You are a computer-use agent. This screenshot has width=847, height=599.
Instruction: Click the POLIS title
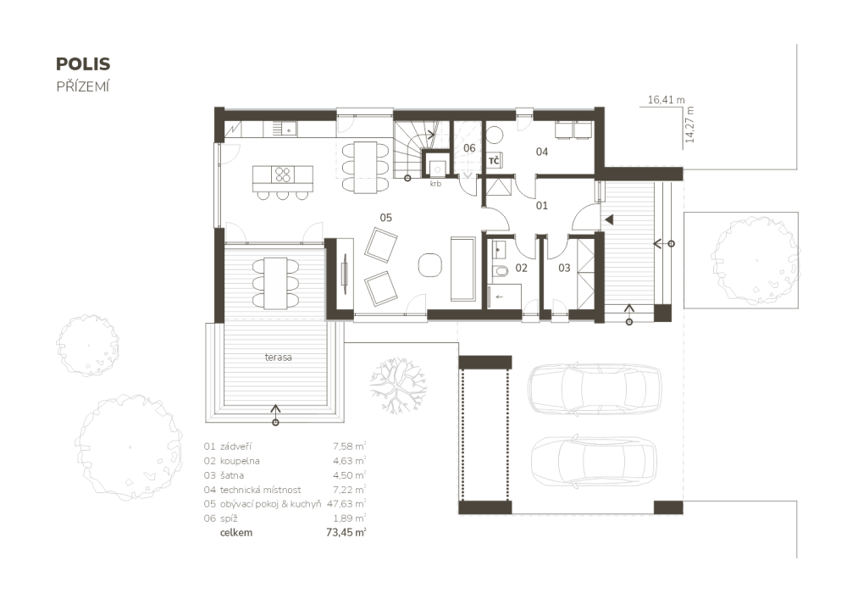tap(83, 64)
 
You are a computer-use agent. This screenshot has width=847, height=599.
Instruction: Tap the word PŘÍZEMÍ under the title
tap(83, 86)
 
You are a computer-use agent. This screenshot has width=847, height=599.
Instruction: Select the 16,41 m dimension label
tap(666, 100)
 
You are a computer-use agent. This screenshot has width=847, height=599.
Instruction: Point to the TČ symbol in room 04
tap(495, 160)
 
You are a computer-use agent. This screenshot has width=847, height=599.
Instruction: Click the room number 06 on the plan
tap(469, 148)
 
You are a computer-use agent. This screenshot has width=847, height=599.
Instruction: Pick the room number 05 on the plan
tap(385, 218)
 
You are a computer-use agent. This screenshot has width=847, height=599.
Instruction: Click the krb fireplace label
tap(435, 184)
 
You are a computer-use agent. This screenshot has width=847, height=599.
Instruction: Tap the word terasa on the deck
tap(278, 357)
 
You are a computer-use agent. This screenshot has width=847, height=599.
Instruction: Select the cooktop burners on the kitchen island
tap(283, 175)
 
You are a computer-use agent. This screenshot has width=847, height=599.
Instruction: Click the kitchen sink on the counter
tap(289, 129)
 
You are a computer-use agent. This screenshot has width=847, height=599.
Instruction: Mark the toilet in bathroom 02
tap(500, 270)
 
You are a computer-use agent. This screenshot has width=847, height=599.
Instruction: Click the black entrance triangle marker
tap(609, 219)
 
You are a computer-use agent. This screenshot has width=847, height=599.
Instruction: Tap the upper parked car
tap(595, 389)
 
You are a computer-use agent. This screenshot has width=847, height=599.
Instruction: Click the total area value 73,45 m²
tap(346, 533)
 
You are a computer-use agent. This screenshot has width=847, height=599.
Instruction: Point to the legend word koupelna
tap(240, 461)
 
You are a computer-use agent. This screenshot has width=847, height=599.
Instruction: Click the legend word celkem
tap(236, 533)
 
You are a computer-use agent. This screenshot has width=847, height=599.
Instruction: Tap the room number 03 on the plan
tap(564, 268)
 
